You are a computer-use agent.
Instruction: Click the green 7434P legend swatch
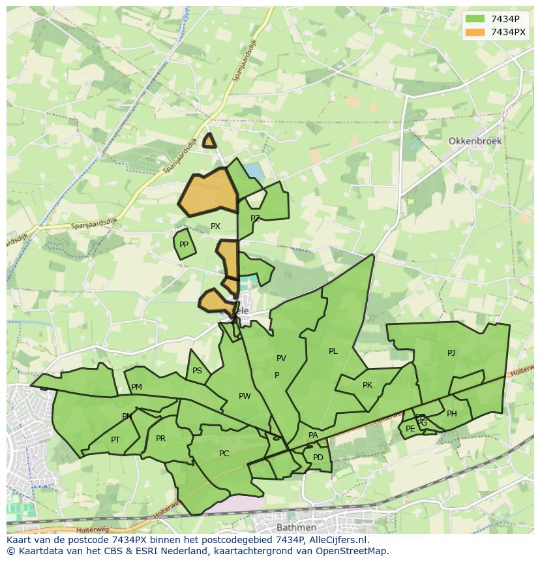point(475,19)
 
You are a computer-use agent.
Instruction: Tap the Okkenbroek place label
point(473,141)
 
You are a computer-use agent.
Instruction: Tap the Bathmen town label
point(296,527)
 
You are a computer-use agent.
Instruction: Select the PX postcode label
point(215,226)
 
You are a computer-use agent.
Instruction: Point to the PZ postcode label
point(255,219)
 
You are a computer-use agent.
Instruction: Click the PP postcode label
point(184,245)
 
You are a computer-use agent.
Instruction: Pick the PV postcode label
point(281,358)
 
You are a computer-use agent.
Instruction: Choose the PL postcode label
point(333,351)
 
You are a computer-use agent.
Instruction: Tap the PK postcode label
point(367,385)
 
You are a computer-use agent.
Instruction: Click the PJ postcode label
point(451,353)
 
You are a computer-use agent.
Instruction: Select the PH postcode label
point(452,414)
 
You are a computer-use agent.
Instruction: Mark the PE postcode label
point(410,429)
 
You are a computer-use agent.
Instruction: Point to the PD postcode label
point(318,458)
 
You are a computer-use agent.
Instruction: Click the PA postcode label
point(313,435)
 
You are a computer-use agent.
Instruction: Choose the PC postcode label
point(224,454)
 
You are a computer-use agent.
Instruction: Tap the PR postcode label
point(161,439)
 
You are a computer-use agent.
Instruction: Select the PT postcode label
point(115,440)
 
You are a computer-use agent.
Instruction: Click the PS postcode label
point(197,371)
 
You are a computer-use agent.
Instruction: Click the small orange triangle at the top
point(209,141)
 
